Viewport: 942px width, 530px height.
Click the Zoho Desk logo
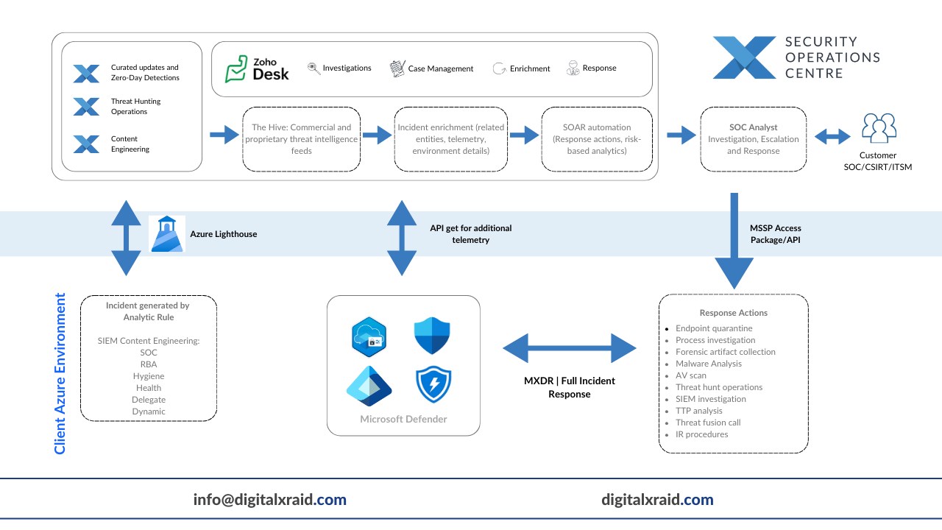(257, 68)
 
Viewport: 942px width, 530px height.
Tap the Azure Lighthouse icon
(166, 233)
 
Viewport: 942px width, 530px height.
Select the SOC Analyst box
(753, 139)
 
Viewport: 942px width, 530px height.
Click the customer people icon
(879, 129)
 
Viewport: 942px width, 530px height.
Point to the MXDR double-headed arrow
(569, 347)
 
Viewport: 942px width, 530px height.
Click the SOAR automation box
(596, 139)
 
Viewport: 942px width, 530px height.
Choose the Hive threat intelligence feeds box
(301, 139)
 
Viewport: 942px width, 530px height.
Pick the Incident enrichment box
(450, 139)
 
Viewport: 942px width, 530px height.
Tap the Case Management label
(441, 68)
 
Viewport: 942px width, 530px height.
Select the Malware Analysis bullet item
(709, 364)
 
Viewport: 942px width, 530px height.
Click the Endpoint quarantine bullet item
(714, 328)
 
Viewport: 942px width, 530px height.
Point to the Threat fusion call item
(708, 423)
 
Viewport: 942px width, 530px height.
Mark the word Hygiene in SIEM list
(148, 376)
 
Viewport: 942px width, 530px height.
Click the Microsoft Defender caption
(403, 419)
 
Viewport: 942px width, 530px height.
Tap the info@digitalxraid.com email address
(269, 500)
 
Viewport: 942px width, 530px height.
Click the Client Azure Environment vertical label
(60, 373)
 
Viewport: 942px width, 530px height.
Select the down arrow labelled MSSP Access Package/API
(734, 243)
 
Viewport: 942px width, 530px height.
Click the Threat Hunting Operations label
(135, 107)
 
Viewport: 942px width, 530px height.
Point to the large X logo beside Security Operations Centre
(743, 58)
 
